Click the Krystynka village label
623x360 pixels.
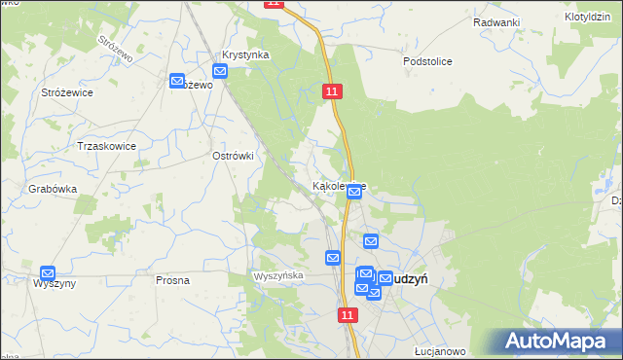tap(244, 55)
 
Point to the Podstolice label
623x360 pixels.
tap(427, 60)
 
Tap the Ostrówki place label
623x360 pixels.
tap(233, 156)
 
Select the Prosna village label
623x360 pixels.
tap(172, 280)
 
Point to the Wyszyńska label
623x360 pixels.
tap(278, 276)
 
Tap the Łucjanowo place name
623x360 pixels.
tap(437, 351)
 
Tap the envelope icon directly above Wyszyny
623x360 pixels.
tap(48, 273)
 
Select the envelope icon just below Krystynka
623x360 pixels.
tap(220, 71)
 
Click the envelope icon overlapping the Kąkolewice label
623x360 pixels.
tap(354, 193)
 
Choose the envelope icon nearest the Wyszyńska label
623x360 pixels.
tap(333, 258)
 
